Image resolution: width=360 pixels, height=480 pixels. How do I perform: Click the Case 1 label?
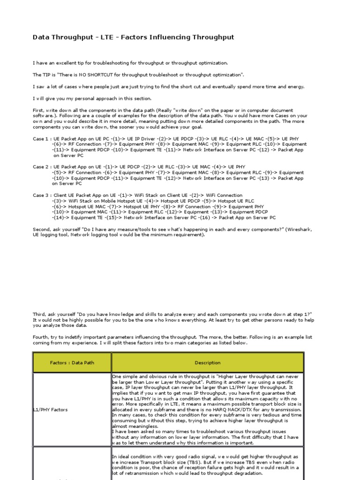pos(40,139)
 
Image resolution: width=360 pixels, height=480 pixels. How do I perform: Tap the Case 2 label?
pos(40,167)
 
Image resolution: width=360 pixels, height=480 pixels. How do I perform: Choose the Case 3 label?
pos(40,195)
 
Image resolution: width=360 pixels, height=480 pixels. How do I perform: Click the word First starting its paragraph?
pos(38,110)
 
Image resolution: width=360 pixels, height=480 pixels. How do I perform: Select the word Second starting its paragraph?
pos(42,229)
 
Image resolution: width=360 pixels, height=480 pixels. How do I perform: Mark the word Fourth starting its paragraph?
pos(41,337)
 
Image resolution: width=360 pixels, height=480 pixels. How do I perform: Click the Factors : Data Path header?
pos(72,362)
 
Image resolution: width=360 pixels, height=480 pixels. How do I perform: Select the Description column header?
pos(208,362)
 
